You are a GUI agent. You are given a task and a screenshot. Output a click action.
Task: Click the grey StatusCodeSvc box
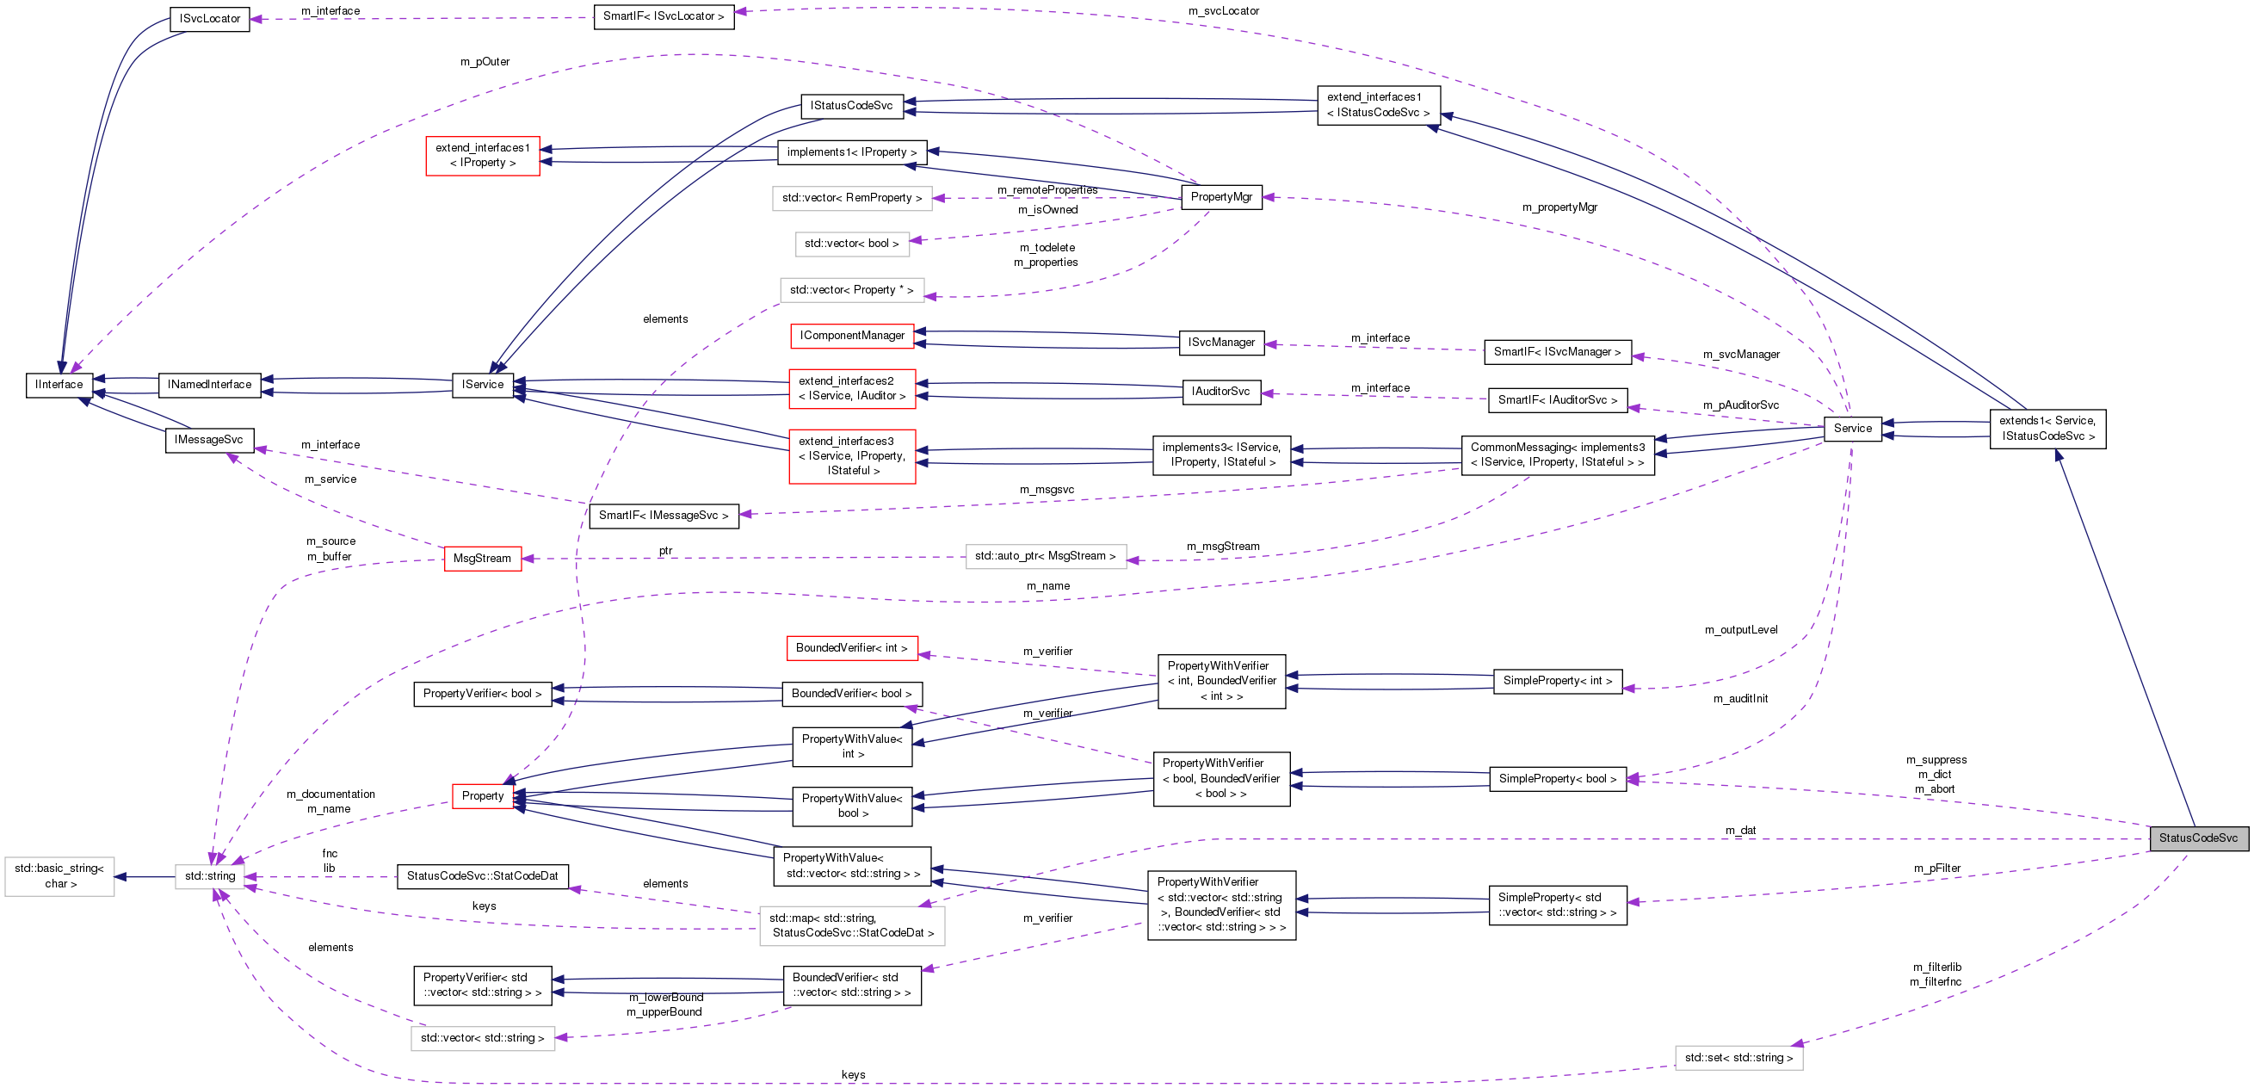click(2198, 838)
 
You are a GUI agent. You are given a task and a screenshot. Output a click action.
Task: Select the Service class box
click(1852, 428)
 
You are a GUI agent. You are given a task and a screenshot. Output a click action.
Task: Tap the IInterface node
click(59, 384)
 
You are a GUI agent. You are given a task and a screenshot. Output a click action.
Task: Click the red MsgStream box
click(482, 559)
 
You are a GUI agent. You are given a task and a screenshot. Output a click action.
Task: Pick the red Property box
click(483, 795)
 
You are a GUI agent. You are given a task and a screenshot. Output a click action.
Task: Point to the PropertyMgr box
click(1220, 197)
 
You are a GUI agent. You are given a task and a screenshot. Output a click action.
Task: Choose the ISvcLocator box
click(209, 18)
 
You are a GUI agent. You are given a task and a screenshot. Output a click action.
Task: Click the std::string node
click(210, 876)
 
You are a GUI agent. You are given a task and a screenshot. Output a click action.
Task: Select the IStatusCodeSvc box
click(850, 106)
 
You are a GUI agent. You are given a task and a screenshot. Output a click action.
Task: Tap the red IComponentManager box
click(851, 335)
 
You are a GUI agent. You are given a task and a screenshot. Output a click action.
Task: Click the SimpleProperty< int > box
click(1557, 681)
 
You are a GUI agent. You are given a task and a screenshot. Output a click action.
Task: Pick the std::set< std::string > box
click(1738, 1057)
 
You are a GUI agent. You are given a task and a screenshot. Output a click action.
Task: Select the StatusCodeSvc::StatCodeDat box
click(482, 876)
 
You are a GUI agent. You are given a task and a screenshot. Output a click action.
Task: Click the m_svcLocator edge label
click(1223, 11)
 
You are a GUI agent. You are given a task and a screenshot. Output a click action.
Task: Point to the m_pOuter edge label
click(485, 62)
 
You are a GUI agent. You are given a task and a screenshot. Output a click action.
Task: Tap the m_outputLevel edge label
click(1740, 630)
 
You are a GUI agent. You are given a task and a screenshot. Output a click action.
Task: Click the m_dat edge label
click(1740, 831)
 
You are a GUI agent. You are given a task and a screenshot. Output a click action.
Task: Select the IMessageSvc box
click(208, 439)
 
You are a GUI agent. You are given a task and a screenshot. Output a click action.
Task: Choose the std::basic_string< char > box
click(59, 876)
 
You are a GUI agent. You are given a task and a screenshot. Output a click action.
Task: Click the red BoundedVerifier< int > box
click(851, 648)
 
